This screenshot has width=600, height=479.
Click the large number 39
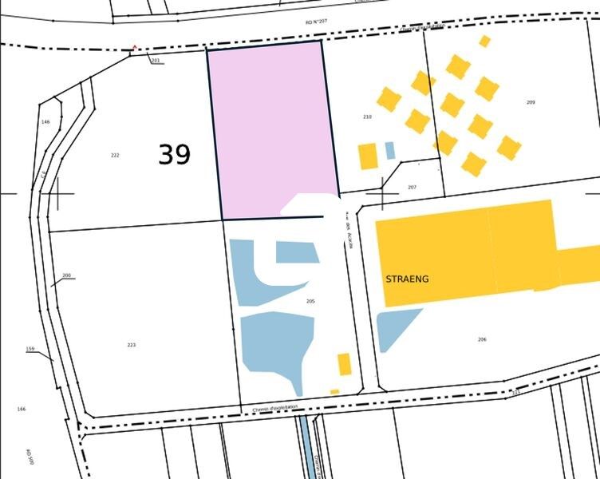[x=174, y=154]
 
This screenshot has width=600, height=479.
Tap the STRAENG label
[x=407, y=279]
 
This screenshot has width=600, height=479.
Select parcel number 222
[x=115, y=155]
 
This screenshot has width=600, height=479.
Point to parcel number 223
[x=132, y=345]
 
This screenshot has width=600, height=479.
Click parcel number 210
[x=367, y=117]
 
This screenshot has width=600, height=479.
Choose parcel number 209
[x=531, y=102]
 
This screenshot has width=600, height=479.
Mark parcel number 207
[x=412, y=187]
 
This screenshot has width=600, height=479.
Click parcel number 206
[x=482, y=339]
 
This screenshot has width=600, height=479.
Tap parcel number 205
[x=310, y=301]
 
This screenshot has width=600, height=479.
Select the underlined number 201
[x=156, y=61]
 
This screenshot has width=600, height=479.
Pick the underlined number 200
[x=66, y=275]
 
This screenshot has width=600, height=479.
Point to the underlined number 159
[x=30, y=349]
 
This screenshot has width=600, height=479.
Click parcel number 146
[x=45, y=121]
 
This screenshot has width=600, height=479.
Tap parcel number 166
[x=21, y=409]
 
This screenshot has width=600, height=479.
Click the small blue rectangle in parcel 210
[x=389, y=150]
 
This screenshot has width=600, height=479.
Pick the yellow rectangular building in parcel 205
[x=344, y=364]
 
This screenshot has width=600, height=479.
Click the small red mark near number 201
[x=135, y=47]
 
